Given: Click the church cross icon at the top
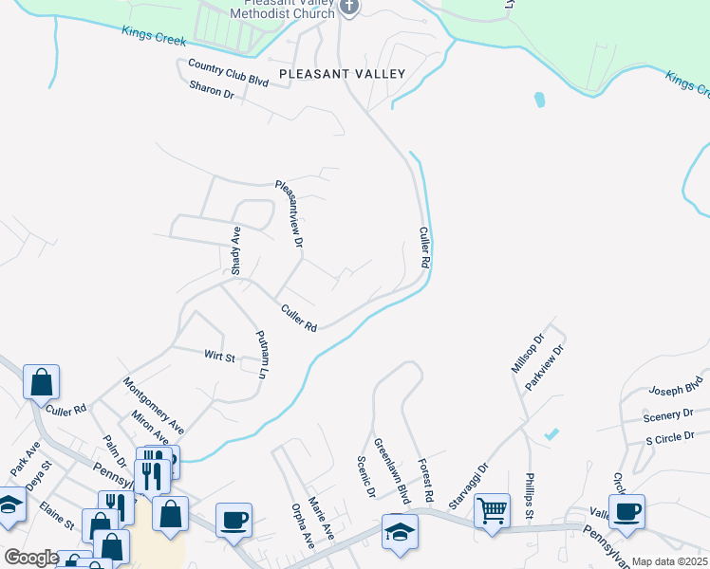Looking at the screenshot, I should pos(349,8).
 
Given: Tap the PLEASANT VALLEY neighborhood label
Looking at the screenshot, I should pos(342,73).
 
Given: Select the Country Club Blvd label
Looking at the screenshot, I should pos(229,73).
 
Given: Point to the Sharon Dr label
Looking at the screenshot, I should pos(212,92).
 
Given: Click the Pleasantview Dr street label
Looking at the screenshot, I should pos(290,214).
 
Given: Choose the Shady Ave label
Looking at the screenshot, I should pos(236,251).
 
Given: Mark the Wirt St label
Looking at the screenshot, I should pos(219,357).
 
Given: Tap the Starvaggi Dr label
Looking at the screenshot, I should pos(467,485).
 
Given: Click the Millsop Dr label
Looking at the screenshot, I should pos(527,353).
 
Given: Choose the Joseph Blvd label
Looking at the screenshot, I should pos(676,387).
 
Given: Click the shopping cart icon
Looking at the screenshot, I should pos(493,511).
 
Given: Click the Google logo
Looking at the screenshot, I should pos(31,558).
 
